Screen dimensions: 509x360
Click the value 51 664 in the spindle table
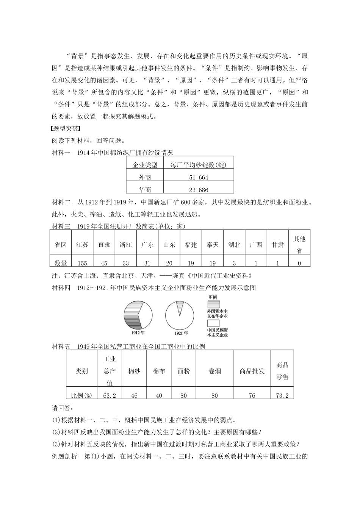(199, 177)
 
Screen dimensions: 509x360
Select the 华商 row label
(145, 190)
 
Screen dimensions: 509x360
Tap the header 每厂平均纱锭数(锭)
(198, 165)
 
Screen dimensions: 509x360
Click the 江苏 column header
(82, 245)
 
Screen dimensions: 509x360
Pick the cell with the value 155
(82, 263)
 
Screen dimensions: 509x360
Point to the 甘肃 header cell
(278, 245)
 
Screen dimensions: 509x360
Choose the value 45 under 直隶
(104, 263)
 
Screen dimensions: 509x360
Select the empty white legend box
(213, 323)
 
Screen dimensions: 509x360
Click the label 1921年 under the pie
(181, 333)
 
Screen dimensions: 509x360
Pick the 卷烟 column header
(214, 371)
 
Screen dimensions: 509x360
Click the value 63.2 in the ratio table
(110, 395)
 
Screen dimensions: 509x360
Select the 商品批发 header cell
(252, 371)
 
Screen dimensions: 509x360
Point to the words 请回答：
(62, 408)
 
